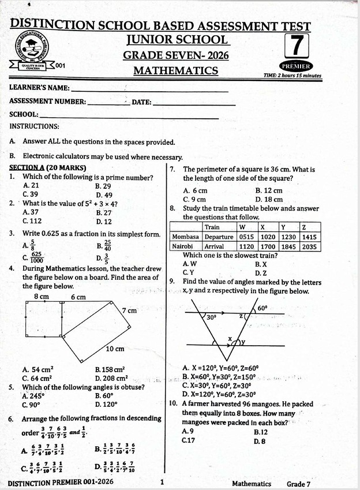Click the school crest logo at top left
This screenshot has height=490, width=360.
point(33,48)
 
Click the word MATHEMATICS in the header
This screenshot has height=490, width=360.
point(175,71)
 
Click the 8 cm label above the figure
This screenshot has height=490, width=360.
point(41,297)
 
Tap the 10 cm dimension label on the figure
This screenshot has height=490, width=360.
point(115,349)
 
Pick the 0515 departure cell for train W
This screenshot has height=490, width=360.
point(247,237)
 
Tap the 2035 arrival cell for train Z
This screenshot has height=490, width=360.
point(309,246)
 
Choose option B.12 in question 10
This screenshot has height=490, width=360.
point(261,432)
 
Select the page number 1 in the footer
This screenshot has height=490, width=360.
point(162,482)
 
